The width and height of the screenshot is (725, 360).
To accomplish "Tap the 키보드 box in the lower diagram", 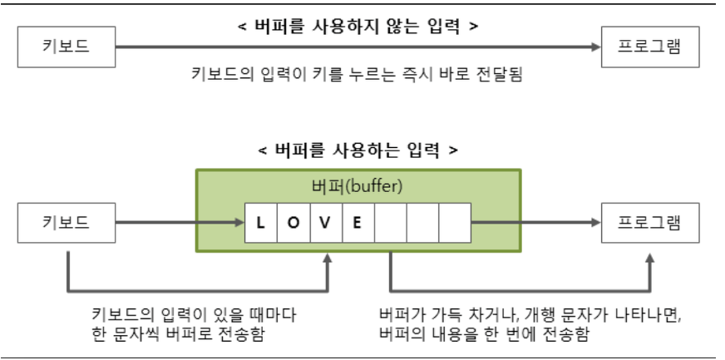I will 67,223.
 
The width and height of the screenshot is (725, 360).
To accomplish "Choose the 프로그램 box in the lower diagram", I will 650,223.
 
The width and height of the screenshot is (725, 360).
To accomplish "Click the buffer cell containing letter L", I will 260,223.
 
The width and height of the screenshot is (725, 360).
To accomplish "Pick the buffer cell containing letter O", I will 293,223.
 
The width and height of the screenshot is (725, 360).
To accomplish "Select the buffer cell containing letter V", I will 325,223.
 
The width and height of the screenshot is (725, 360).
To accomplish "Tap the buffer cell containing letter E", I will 358,223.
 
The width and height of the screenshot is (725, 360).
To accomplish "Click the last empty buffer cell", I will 455,223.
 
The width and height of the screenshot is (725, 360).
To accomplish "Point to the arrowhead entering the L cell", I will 239,223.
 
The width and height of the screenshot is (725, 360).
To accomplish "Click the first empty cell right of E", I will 390,223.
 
